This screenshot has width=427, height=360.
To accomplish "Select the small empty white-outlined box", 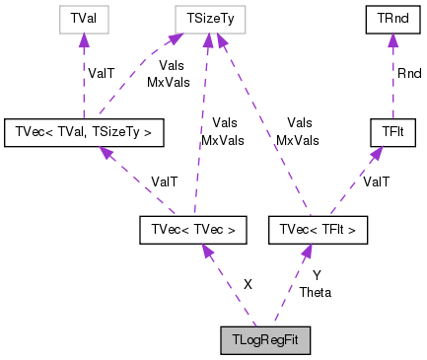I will click(84, 19).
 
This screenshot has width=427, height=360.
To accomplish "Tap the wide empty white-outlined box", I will click(210, 19).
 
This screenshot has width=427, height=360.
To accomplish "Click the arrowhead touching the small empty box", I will click(84, 40).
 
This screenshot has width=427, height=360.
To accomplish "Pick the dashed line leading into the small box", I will click(84, 84).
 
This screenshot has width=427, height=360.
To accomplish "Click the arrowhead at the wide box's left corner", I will click(174, 39).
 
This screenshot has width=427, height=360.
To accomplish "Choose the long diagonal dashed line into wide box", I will click(266, 128).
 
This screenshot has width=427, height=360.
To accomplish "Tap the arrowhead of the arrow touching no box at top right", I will click(392, 39).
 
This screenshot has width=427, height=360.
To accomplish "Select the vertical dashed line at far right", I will click(392, 89).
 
